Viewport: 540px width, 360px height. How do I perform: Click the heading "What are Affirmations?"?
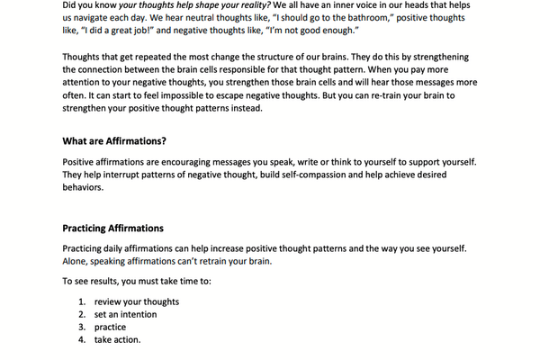point(114,141)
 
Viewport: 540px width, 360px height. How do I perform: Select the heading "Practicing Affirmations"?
point(112,229)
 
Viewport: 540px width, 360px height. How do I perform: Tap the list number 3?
point(81,327)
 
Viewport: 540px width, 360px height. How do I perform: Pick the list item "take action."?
point(118,340)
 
